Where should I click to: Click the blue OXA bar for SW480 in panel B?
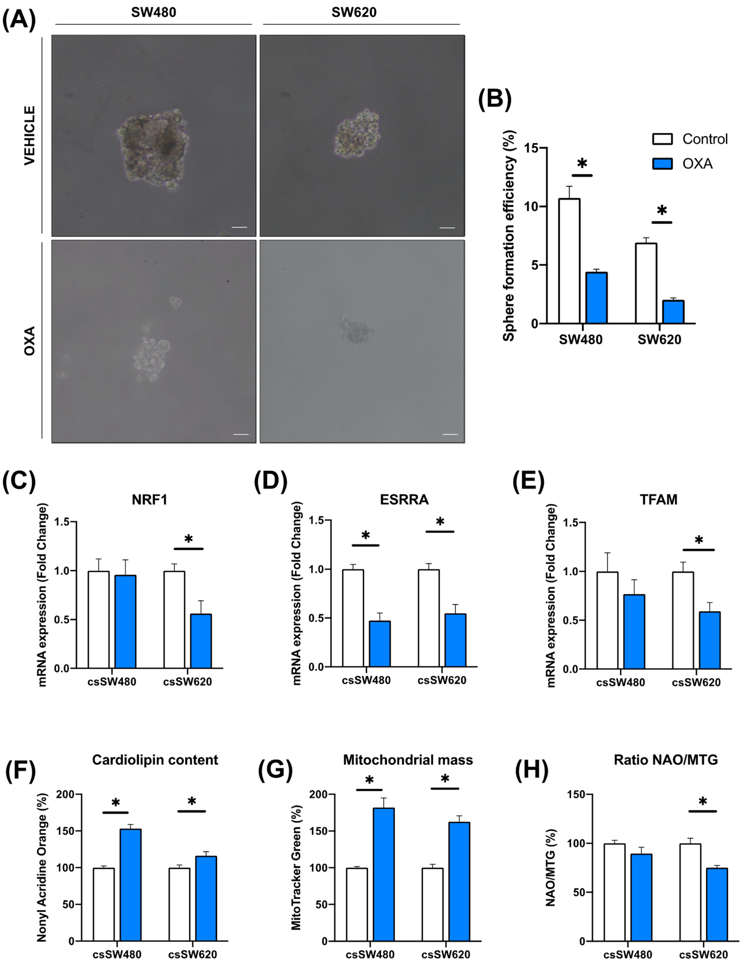pyautogui.click(x=596, y=298)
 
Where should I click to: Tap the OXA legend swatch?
pyautogui.click(x=662, y=164)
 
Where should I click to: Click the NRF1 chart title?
pyautogui.click(x=150, y=500)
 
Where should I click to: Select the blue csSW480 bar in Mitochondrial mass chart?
pyautogui.click(x=384, y=874)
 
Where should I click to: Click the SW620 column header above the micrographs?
pyautogui.click(x=354, y=12)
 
